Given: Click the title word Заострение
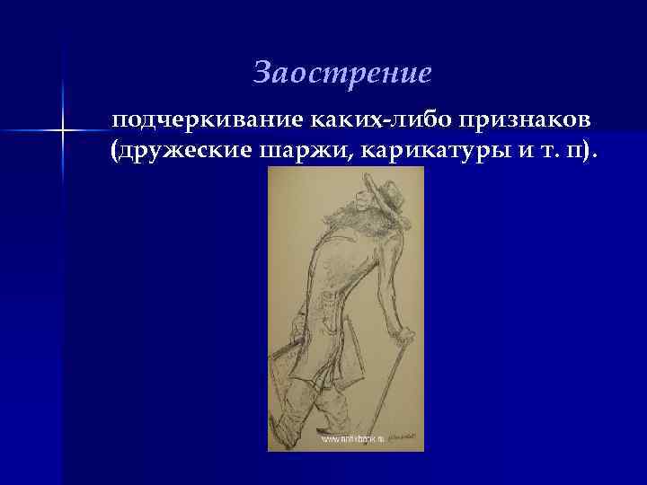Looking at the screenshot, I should [x=342, y=73].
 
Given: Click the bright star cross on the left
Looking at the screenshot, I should [x=62, y=131].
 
